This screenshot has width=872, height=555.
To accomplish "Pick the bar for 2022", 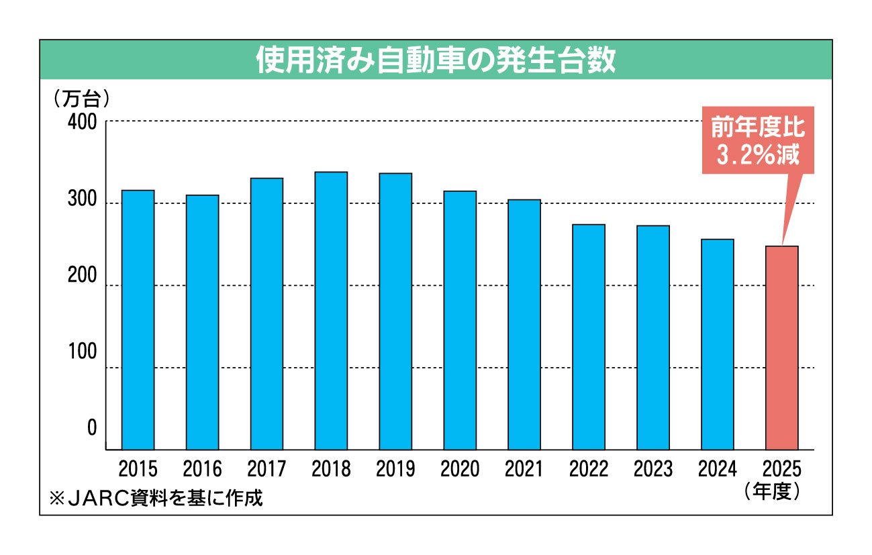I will tap(589, 337).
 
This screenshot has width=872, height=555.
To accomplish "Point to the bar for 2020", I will tap(460, 320).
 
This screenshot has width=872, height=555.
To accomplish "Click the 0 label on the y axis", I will tap(92, 428).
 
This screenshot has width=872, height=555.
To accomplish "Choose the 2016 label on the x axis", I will tap(202, 468).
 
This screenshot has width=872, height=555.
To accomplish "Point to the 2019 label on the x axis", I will tap(395, 468).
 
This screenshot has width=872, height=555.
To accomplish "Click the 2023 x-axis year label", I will tap(653, 468).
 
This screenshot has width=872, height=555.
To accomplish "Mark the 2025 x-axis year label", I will tap(782, 468).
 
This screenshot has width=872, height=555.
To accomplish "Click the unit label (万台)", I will tap(81, 99).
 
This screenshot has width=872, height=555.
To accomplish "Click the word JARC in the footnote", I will tap(97, 499).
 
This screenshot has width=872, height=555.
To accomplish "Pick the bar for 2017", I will tap(267, 313).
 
